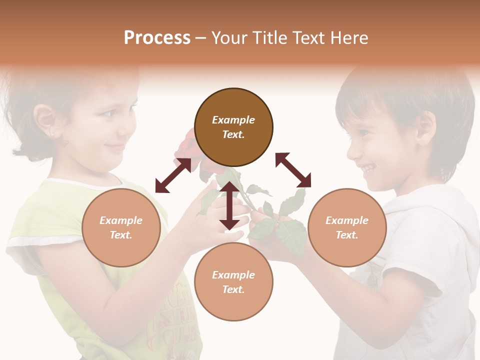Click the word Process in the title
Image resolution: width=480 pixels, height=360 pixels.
pyautogui.click(x=157, y=38)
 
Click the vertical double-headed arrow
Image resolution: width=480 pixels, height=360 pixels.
pyautogui.click(x=229, y=205)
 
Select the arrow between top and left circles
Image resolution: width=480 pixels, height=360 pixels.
pyautogui.click(x=173, y=175)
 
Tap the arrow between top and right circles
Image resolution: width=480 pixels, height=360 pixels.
pyautogui.click(x=293, y=170)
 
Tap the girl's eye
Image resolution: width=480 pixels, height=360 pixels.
pyautogui.click(x=108, y=113)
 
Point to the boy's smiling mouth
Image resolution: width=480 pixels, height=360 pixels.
pyautogui.click(x=369, y=168)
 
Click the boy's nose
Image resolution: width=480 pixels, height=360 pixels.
pyautogui.click(x=353, y=148)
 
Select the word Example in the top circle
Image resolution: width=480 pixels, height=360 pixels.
pyautogui.click(x=233, y=120)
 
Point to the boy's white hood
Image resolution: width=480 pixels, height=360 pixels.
pyautogui.click(x=440, y=210)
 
